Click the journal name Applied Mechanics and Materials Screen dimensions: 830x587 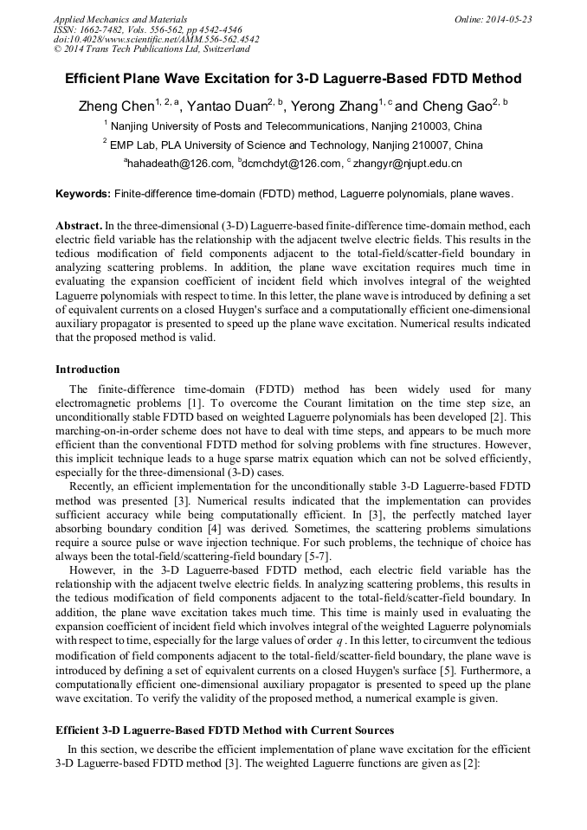coord(119,19)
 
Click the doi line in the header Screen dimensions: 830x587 coord(156,40)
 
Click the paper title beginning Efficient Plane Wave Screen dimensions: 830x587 coord(293,79)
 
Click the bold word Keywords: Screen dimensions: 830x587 coord(83,194)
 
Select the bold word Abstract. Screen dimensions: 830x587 coord(79,225)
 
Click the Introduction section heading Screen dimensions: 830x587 coord(87,370)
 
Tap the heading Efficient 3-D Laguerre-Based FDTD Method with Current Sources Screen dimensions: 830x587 coord(224,730)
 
